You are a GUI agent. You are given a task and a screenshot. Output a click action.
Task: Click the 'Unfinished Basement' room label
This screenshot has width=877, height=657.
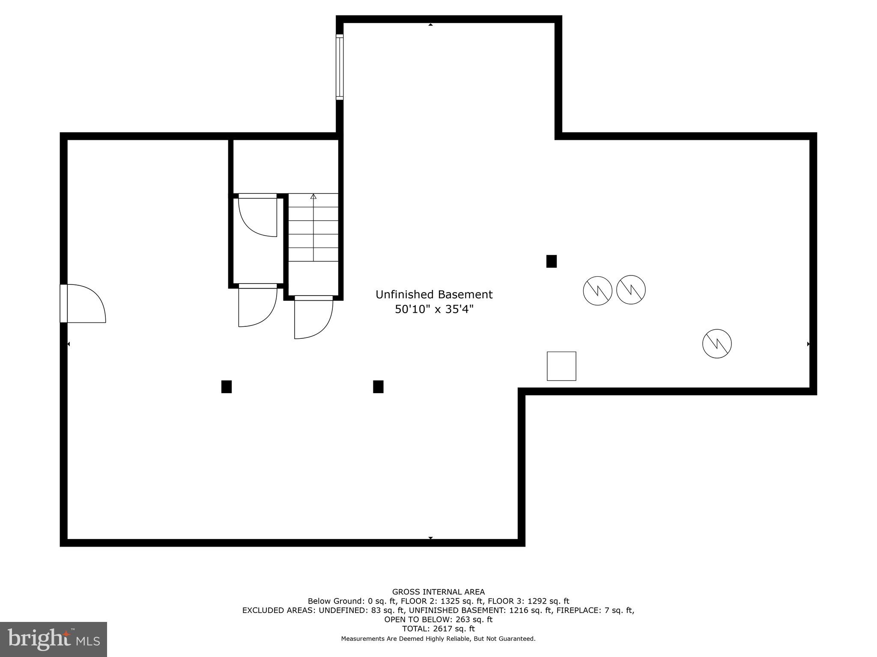click(434, 294)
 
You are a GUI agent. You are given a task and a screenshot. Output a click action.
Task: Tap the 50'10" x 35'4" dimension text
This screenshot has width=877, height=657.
click(434, 309)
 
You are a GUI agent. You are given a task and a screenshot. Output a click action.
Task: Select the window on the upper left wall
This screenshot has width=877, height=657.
click(340, 67)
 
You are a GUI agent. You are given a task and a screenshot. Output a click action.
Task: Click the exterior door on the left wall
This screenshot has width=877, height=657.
click(83, 303)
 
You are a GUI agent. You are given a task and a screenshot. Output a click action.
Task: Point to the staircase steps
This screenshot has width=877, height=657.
click(313, 228)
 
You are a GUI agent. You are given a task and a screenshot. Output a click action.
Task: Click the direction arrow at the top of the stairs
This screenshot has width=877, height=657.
click(313, 196)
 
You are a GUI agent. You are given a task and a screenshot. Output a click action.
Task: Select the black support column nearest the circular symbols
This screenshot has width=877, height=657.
click(552, 261)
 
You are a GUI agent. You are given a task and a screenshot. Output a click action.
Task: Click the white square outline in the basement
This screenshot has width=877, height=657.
click(561, 366)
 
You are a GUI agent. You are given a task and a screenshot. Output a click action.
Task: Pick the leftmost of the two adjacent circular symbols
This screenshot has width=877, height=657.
click(597, 291)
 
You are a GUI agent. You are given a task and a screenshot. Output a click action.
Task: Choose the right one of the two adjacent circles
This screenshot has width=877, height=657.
click(631, 290)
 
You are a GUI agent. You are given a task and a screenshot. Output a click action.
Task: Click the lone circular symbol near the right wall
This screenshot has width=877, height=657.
click(717, 343)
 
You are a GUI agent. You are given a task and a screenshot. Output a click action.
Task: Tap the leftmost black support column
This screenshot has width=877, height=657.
click(227, 387)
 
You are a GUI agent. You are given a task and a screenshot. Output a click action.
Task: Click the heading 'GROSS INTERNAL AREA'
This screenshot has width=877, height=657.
click(438, 592)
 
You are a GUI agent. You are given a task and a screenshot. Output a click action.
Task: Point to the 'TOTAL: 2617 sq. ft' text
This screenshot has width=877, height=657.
click(438, 629)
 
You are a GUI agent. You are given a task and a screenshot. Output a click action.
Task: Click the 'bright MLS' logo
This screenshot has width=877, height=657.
click(54, 639)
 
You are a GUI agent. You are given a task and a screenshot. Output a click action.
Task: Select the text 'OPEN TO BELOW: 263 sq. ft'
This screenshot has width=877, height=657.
click(438, 619)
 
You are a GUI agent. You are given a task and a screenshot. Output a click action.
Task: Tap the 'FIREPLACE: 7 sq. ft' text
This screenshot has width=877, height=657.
click(595, 610)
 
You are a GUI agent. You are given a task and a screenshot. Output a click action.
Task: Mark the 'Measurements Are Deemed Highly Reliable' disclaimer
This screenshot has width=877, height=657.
click(438, 639)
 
